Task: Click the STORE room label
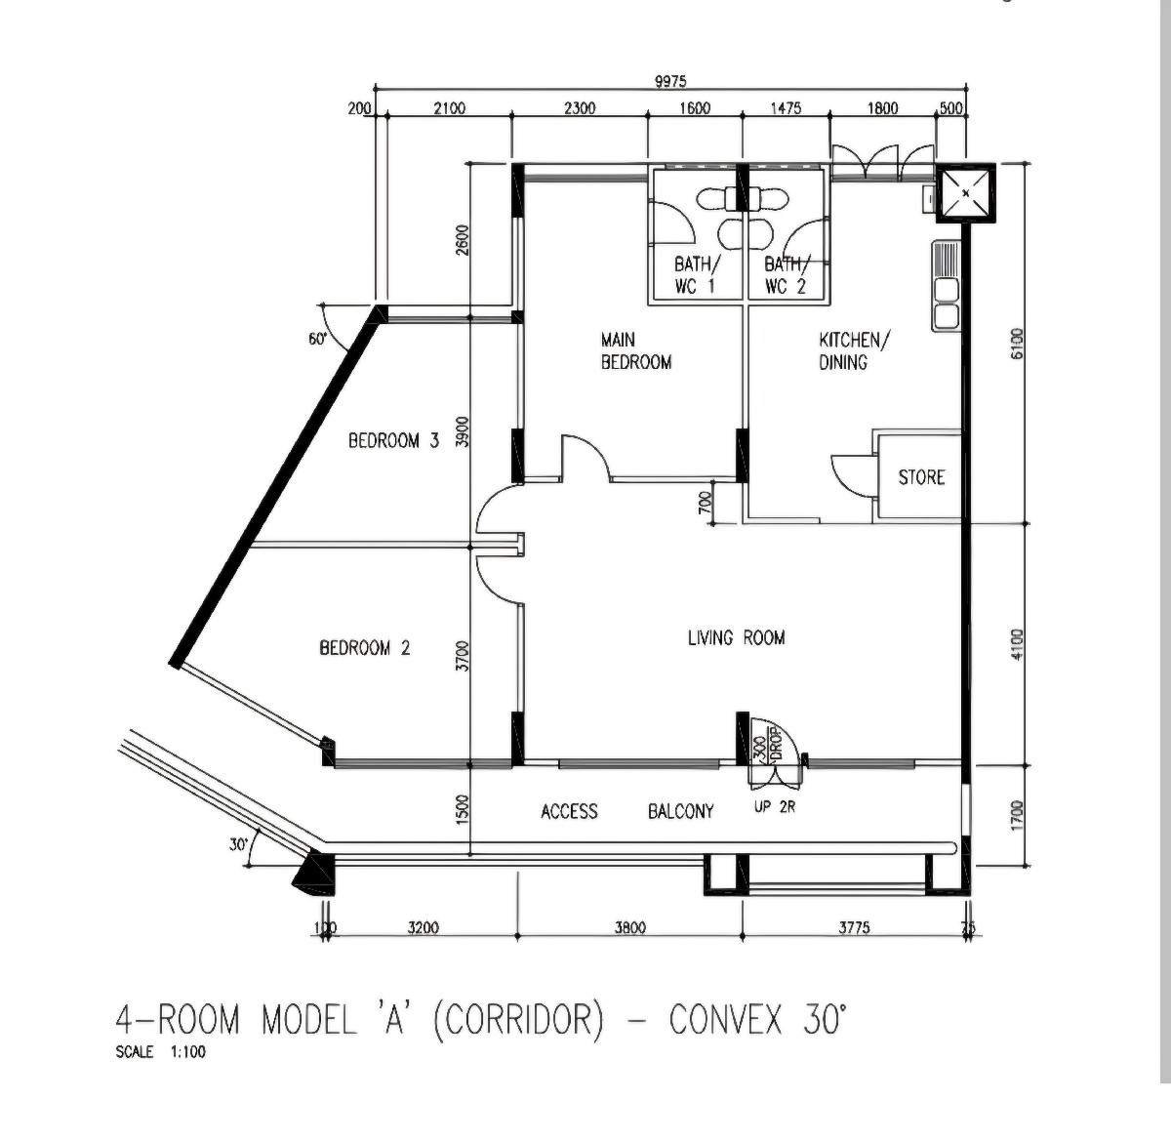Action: coord(921,477)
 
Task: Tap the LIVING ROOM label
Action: coord(737,638)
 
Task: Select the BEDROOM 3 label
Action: coord(394,441)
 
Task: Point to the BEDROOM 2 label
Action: coord(365,648)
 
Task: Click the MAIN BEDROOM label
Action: coord(636,350)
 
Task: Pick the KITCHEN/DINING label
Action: coord(853,350)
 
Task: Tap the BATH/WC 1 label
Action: coord(697,275)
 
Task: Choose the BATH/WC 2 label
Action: coord(787,275)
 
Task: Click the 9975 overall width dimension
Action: coord(671,81)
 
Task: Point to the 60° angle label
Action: coord(318,339)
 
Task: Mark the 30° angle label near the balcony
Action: coord(238,845)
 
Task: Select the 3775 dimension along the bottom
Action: coord(855,927)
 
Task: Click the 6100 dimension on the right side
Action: coord(1017,344)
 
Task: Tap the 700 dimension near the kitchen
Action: coord(706,503)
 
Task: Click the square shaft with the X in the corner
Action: coord(965,192)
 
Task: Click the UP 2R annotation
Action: coord(775,807)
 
